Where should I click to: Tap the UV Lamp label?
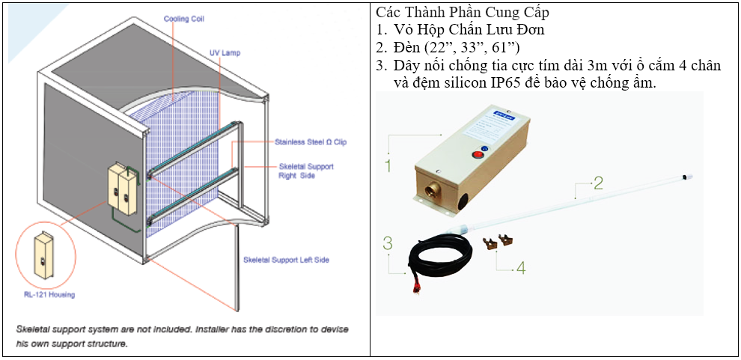[222, 53]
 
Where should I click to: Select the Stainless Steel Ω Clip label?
[310, 141]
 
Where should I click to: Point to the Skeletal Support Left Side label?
[287, 260]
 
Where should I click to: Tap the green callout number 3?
[387, 243]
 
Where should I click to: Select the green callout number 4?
[520, 267]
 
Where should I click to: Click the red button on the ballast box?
[476, 156]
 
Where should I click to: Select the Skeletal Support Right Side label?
[306, 171]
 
